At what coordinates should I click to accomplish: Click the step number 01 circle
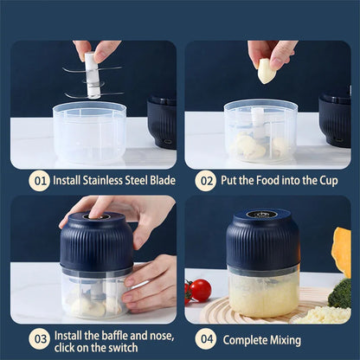(x=40, y=181)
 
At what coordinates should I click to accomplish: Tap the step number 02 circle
(x=205, y=181)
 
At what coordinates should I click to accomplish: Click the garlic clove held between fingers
(x=267, y=71)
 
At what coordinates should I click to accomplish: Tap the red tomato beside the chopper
(x=200, y=290)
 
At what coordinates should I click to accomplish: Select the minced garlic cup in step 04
(x=264, y=294)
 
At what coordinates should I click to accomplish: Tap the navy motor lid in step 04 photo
(x=262, y=237)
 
